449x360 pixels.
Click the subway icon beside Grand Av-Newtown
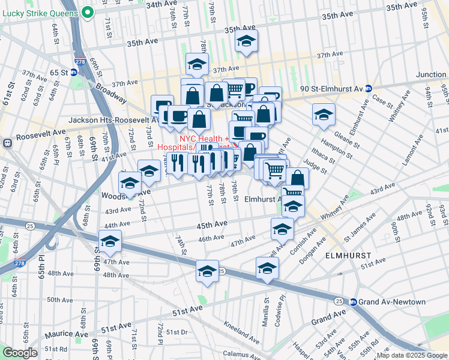tap(354, 302)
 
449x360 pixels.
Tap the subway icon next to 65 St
tap(73, 73)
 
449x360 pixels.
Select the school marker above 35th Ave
tap(245, 42)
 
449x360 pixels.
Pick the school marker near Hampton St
tap(324, 114)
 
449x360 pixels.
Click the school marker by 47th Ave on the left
tap(110, 241)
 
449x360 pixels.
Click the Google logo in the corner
tap(20, 353)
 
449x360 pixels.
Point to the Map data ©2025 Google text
tap(411, 355)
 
